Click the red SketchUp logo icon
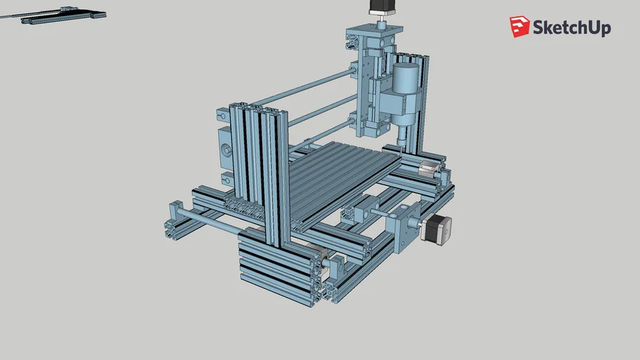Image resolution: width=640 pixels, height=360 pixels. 520,27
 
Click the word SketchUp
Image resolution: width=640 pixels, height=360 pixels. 571,28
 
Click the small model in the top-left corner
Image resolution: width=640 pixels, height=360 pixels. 63,15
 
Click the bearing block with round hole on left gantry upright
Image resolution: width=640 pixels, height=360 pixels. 227,149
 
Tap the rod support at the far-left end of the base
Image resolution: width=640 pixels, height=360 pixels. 175,211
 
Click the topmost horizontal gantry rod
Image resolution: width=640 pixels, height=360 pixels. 302,89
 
